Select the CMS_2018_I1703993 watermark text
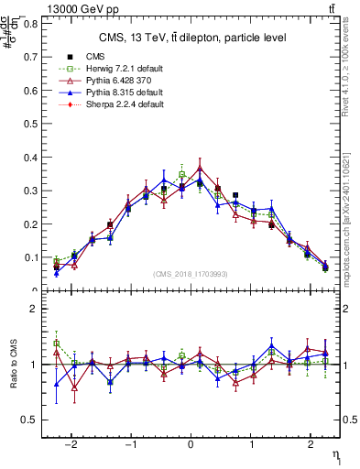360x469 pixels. [192, 274]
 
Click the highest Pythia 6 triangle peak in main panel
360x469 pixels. [200, 168]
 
